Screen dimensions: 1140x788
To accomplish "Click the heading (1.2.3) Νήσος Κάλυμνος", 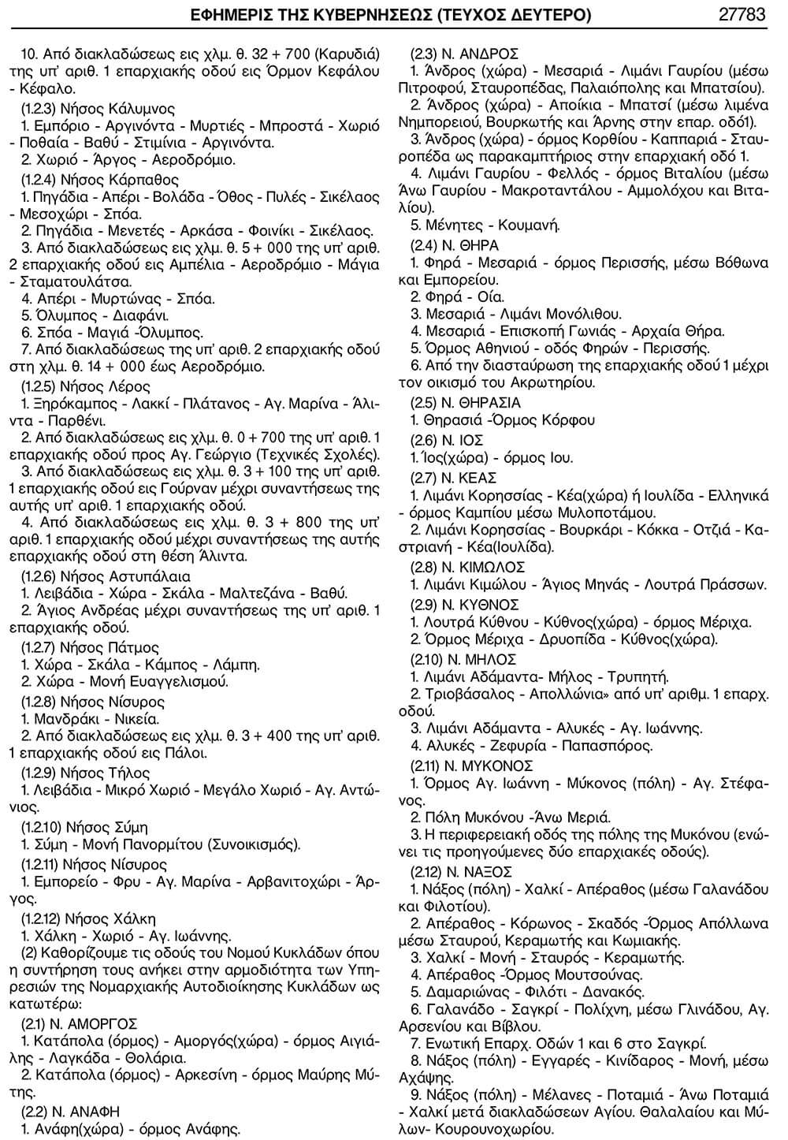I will point(98,108).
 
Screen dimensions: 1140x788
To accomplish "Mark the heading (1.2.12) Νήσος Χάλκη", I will point(88,918).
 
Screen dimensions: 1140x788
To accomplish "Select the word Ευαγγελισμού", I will point(175,682).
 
